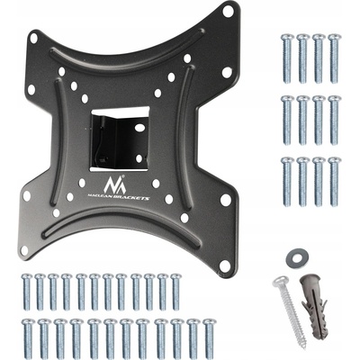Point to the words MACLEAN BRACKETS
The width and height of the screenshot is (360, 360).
118,196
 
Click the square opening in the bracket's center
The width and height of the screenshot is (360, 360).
120,139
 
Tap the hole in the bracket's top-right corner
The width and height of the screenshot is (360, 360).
228,12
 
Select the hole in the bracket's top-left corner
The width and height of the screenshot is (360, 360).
34,38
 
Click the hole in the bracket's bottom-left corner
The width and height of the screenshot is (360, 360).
24,250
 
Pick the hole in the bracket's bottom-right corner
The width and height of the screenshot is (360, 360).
225,265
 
